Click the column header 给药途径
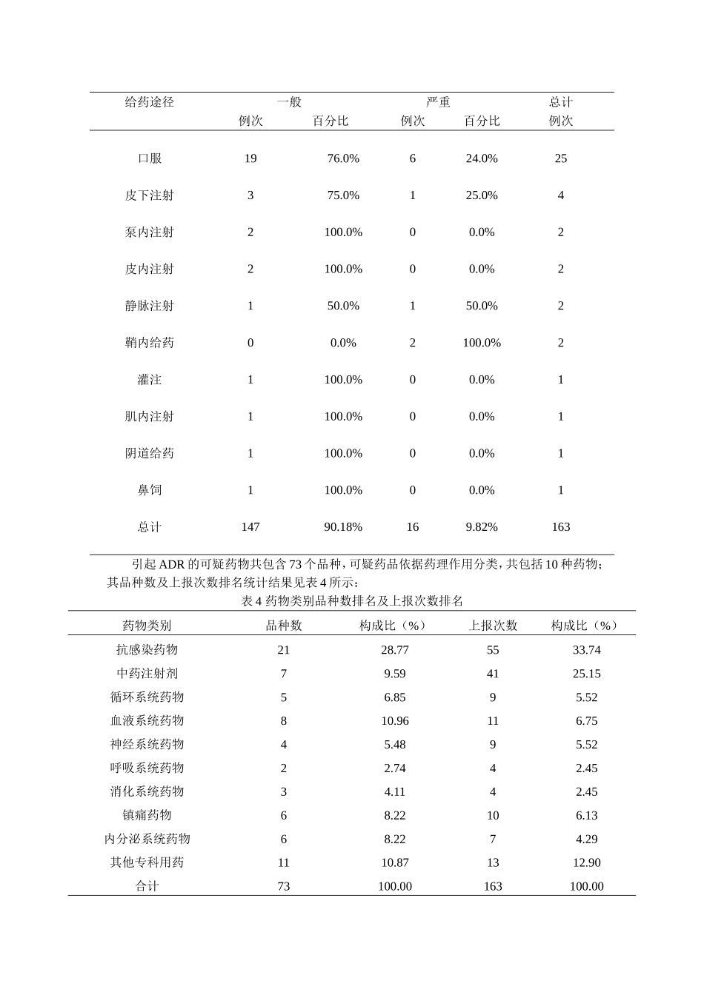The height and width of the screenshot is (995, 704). pyautogui.click(x=149, y=102)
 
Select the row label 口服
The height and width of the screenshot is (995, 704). pyautogui.click(x=149, y=158)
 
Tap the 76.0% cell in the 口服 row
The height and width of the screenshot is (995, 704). pyautogui.click(x=343, y=158)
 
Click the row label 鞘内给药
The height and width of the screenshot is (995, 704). pyautogui.click(x=149, y=343)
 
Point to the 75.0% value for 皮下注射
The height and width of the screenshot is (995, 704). pyautogui.click(x=343, y=195)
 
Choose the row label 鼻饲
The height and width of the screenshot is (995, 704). pyautogui.click(x=149, y=490)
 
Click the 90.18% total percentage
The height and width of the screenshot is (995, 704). pyautogui.click(x=343, y=527)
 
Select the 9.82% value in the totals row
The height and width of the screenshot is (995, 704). pyautogui.click(x=482, y=527)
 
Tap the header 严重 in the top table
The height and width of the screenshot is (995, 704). pyautogui.click(x=438, y=102)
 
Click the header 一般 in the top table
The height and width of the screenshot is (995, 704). pyautogui.click(x=289, y=102)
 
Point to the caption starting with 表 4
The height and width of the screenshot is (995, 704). pyautogui.click(x=352, y=601)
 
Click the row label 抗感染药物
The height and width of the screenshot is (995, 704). pyautogui.click(x=147, y=650)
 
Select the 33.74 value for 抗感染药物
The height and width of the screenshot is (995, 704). pyautogui.click(x=586, y=650)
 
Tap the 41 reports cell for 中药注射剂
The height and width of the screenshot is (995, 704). pyautogui.click(x=493, y=674)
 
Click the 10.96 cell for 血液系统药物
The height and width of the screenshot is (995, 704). pyautogui.click(x=395, y=721)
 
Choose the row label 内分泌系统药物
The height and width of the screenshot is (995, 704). pyautogui.click(x=147, y=839)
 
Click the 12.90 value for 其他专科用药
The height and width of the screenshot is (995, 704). pyautogui.click(x=586, y=862)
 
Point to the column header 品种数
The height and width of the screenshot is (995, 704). pyautogui.click(x=284, y=626)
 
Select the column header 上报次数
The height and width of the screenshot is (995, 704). pyautogui.click(x=493, y=626)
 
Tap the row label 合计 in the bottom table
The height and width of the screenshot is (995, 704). pyautogui.click(x=147, y=886)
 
